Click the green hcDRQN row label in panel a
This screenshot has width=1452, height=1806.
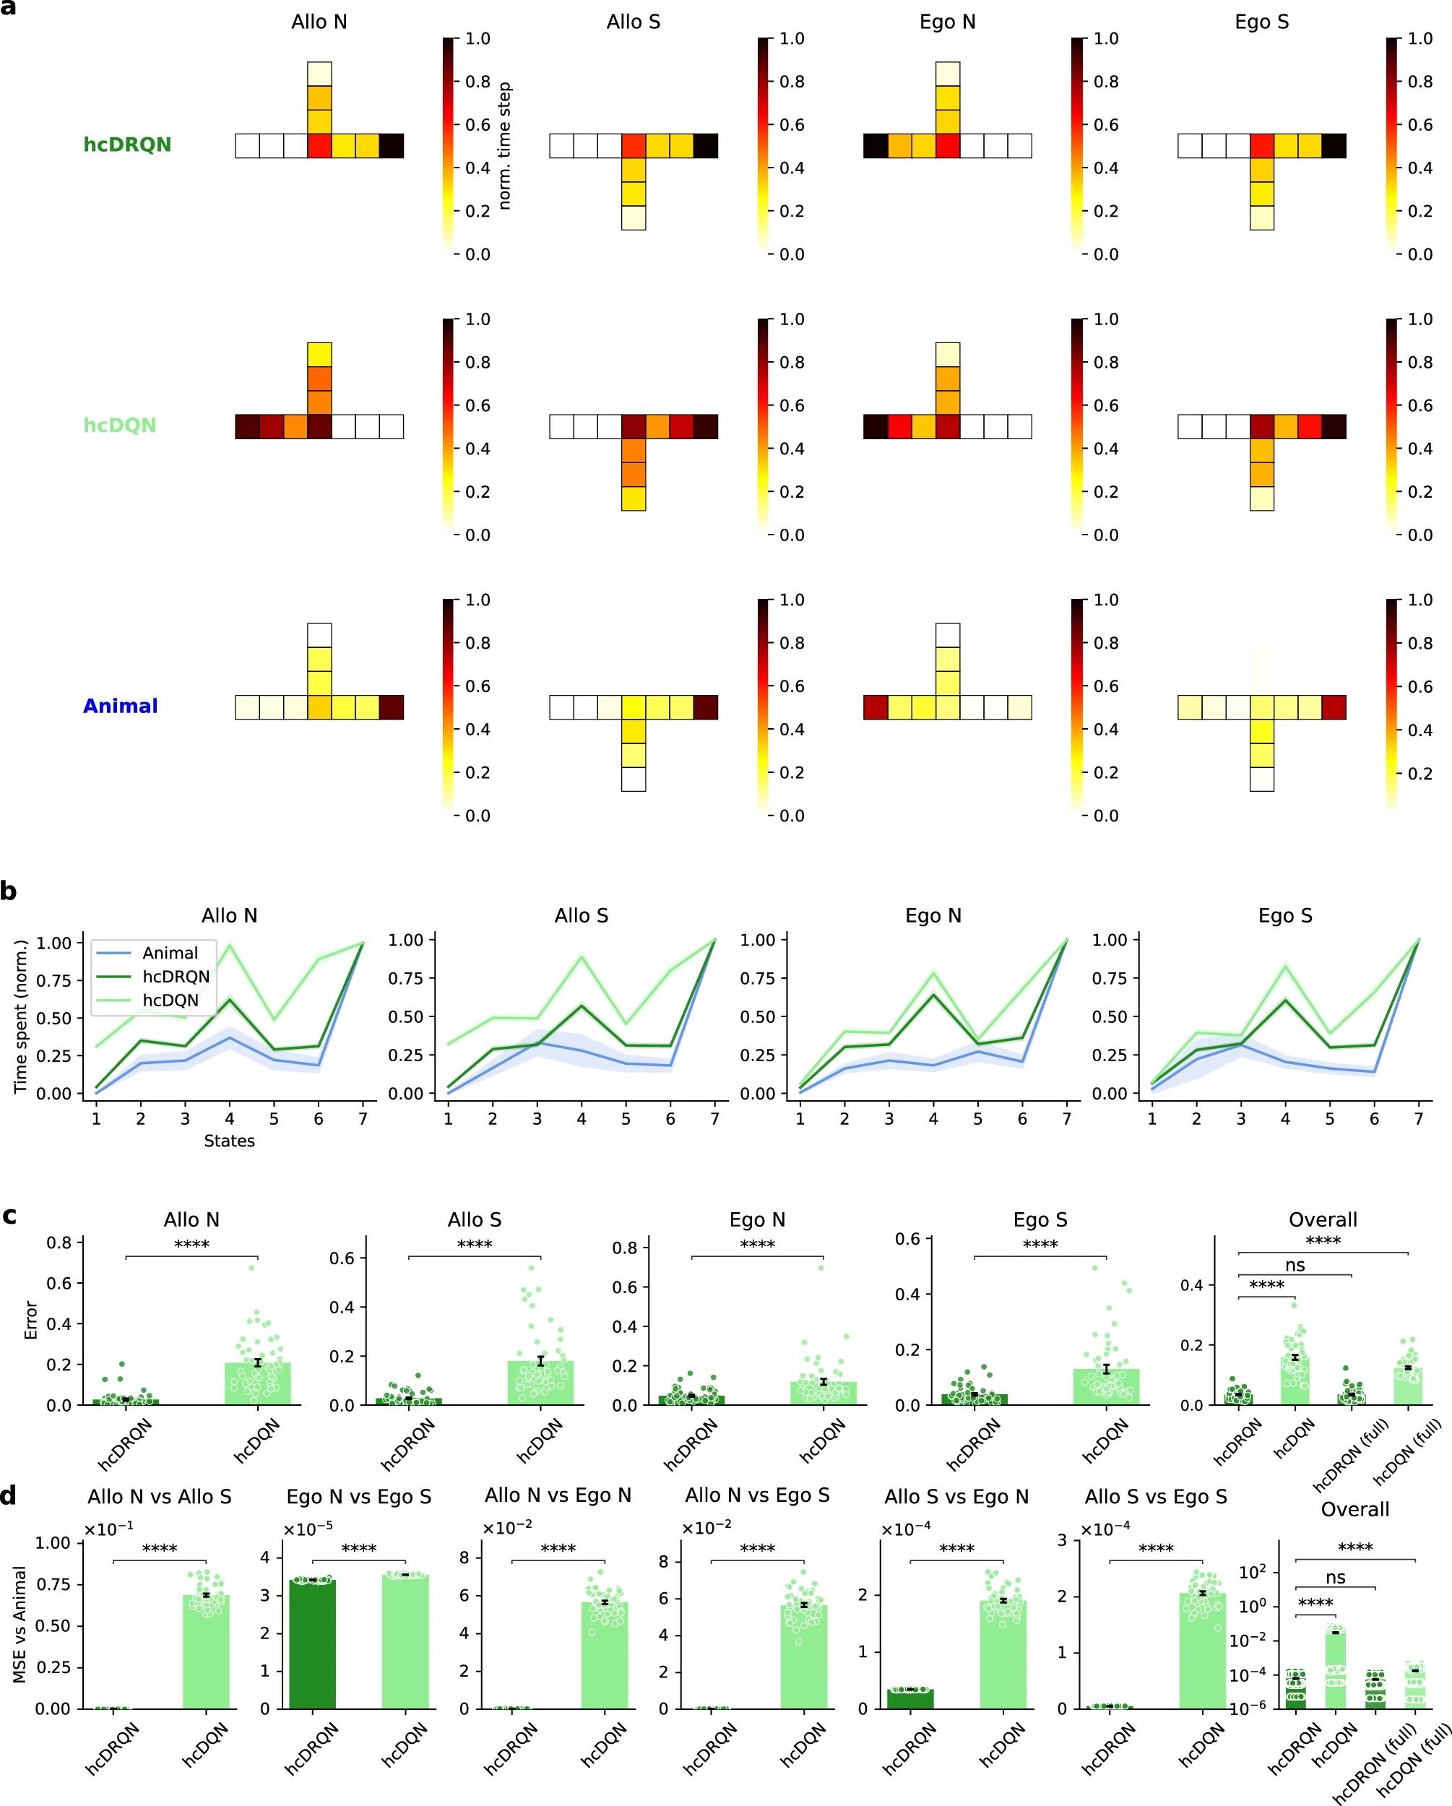point(126,145)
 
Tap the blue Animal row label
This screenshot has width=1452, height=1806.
point(120,707)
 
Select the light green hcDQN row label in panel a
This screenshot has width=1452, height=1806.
point(120,425)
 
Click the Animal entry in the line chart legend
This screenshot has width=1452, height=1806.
point(170,954)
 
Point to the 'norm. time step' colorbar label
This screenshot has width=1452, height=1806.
point(504,146)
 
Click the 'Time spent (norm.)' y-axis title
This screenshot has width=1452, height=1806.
point(21,1016)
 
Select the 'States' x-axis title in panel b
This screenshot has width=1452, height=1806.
point(229,1141)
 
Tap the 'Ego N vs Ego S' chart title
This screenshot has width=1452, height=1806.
point(358,1497)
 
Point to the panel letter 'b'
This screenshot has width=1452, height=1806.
point(9,891)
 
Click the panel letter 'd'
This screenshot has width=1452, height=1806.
point(9,1495)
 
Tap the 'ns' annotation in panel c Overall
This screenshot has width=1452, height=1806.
point(1295,1266)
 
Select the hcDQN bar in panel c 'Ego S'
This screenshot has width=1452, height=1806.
point(1106,1386)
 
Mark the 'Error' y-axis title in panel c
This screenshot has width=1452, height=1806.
point(32,1320)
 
